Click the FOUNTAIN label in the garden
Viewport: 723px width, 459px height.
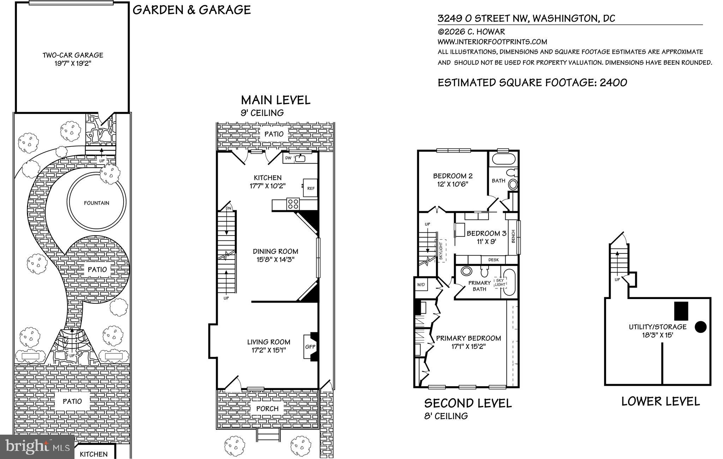point(96,203)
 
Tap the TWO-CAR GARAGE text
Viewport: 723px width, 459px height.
point(73,55)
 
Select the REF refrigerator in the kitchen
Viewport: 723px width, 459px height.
point(311,189)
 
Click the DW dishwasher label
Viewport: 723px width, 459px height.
point(288,158)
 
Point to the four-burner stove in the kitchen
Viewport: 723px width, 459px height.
point(293,204)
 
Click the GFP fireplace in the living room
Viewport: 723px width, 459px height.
point(310,347)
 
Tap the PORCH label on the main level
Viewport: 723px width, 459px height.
point(267,409)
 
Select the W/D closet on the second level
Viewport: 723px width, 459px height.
point(420,285)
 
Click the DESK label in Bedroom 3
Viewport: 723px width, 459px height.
point(493,260)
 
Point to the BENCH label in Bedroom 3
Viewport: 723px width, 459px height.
point(513,237)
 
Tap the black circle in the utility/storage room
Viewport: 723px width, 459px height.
point(700,327)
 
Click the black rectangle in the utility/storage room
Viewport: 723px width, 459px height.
point(681,311)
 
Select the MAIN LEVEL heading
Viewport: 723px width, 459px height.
point(275,100)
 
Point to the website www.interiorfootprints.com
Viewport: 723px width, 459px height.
point(492,42)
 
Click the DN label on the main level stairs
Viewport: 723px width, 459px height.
point(228,208)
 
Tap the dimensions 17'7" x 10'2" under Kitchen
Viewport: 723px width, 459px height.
point(268,186)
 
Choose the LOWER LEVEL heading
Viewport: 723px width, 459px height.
point(660,401)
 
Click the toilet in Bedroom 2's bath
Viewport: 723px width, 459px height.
point(510,173)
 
